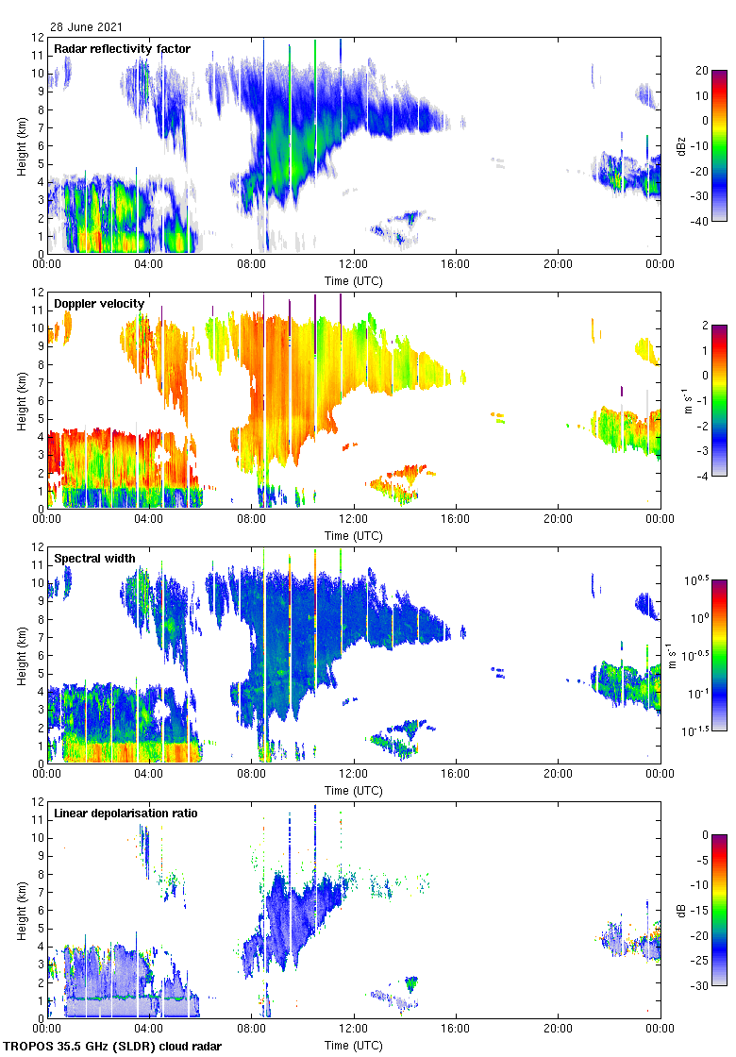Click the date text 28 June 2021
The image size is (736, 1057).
pos(86,27)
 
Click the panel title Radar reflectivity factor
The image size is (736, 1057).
pos(122,49)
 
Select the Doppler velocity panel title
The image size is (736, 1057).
pos(99,304)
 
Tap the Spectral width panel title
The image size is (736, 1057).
pos(94,559)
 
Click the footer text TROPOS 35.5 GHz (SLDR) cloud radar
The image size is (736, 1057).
pos(113,1047)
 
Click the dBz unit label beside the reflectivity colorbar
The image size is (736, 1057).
pos(681,145)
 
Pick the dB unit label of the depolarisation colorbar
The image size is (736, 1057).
pos(681,910)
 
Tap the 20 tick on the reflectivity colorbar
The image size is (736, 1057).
pos(702,70)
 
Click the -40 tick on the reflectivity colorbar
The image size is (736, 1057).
pos(702,222)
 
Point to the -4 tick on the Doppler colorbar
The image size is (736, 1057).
pos(701,477)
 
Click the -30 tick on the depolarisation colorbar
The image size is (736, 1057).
pos(702,986)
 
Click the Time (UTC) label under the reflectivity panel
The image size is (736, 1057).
pos(353,280)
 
